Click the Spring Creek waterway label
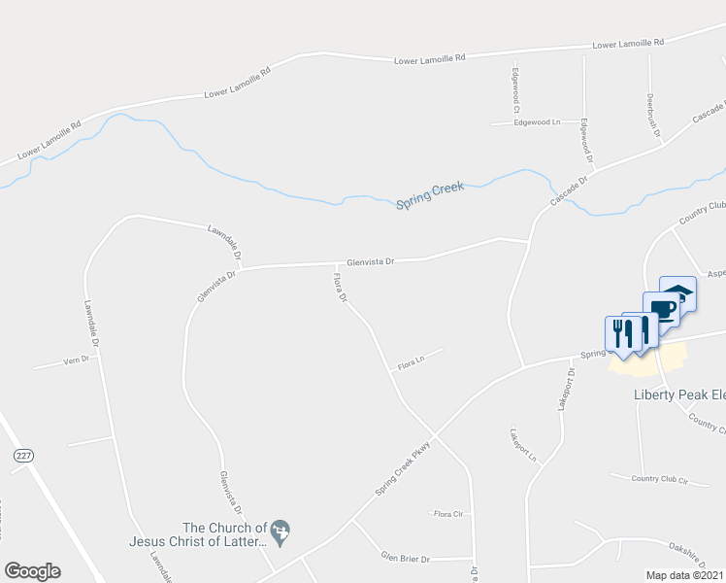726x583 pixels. coord(431,194)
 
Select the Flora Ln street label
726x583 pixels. coord(412,365)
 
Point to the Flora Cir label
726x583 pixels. coord(447,513)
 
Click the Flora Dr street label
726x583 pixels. coord(341,288)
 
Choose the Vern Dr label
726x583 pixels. coord(76,360)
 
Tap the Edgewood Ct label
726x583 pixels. coord(516,86)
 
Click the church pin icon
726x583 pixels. coord(281,531)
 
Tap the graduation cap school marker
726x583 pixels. coord(677,294)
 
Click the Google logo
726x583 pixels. coord(32,571)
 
